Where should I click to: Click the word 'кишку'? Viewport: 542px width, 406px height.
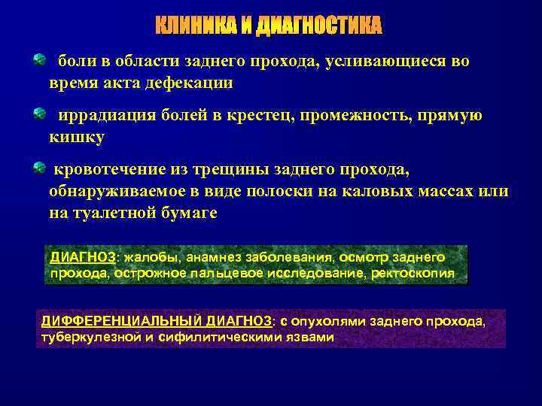pos(77,138)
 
